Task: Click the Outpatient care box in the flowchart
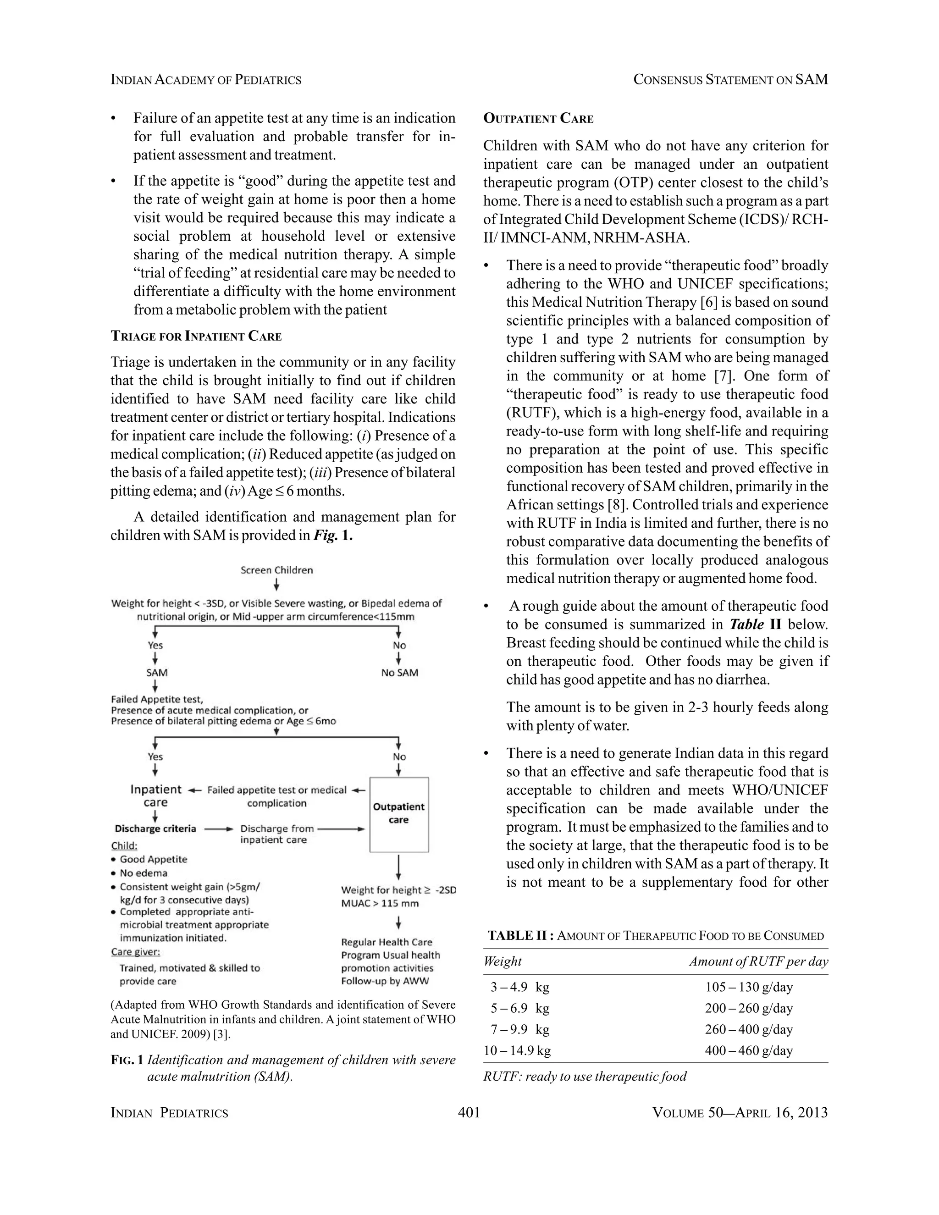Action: [399, 814]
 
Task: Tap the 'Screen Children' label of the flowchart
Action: [276, 570]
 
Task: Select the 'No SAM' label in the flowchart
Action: [399, 673]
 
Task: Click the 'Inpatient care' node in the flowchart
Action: [156, 795]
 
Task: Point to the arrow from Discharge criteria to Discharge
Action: [218, 829]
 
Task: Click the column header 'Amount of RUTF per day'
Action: [758, 961]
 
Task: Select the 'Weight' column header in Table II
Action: [503, 961]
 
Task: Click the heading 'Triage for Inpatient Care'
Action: [196, 336]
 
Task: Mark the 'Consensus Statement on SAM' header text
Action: [730, 80]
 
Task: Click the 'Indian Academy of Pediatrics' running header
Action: [206, 80]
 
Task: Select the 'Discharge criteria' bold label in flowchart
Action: [155, 829]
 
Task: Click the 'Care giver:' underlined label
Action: [136, 952]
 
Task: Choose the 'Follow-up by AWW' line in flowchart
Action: [385, 981]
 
